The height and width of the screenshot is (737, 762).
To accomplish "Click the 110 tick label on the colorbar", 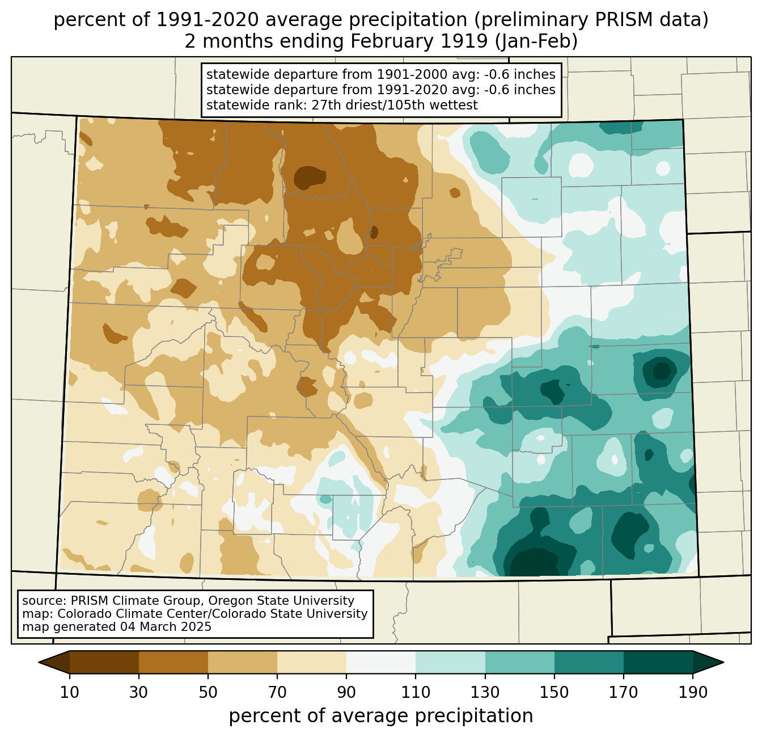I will [x=416, y=693].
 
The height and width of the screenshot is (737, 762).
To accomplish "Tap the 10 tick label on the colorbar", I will [x=70, y=693].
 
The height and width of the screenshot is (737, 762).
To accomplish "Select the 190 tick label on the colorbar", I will [x=692, y=693].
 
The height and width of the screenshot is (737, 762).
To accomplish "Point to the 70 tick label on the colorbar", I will [x=277, y=693].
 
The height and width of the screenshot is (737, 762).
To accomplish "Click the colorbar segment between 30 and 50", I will [x=173, y=662].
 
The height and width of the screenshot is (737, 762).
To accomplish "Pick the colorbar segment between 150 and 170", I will [x=589, y=662].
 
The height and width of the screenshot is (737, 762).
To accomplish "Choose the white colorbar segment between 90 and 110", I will [x=381, y=662].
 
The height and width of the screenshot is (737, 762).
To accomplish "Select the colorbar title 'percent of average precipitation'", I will [x=381, y=716].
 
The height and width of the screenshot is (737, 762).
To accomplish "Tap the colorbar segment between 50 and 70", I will [x=243, y=662].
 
